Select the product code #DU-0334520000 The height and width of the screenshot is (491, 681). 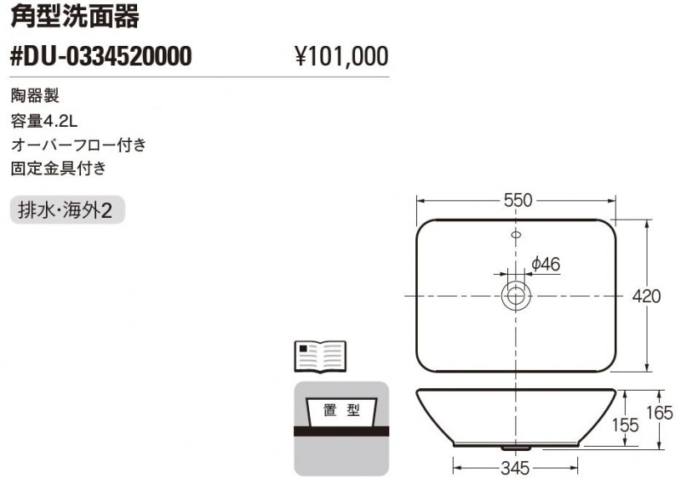pyautogui.click(x=100, y=56)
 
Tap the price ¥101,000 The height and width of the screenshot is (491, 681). pyautogui.click(x=340, y=57)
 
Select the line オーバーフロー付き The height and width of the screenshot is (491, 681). pyautogui.click(x=78, y=144)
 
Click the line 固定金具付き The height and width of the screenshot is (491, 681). pyautogui.click(x=58, y=168)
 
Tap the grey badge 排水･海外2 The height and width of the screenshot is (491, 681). pyautogui.click(x=67, y=209)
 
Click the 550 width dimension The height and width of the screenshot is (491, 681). pyautogui.click(x=517, y=201)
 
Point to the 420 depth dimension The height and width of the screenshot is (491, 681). pyautogui.click(x=647, y=296)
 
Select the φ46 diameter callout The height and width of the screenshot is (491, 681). pyautogui.click(x=546, y=264)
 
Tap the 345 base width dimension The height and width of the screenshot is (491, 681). pyautogui.click(x=515, y=467)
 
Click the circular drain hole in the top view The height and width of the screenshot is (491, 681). pyautogui.click(x=516, y=295)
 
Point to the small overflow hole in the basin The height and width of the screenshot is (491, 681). pyautogui.click(x=516, y=233)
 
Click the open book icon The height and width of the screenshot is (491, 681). pyautogui.click(x=319, y=357)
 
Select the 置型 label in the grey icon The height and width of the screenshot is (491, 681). pyautogui.click(x=341, y=410)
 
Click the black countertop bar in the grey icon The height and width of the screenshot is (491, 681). pyautogui.click(x=341, y=431)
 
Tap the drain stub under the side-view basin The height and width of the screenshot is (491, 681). pyautogui.click(x=515, y=446)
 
